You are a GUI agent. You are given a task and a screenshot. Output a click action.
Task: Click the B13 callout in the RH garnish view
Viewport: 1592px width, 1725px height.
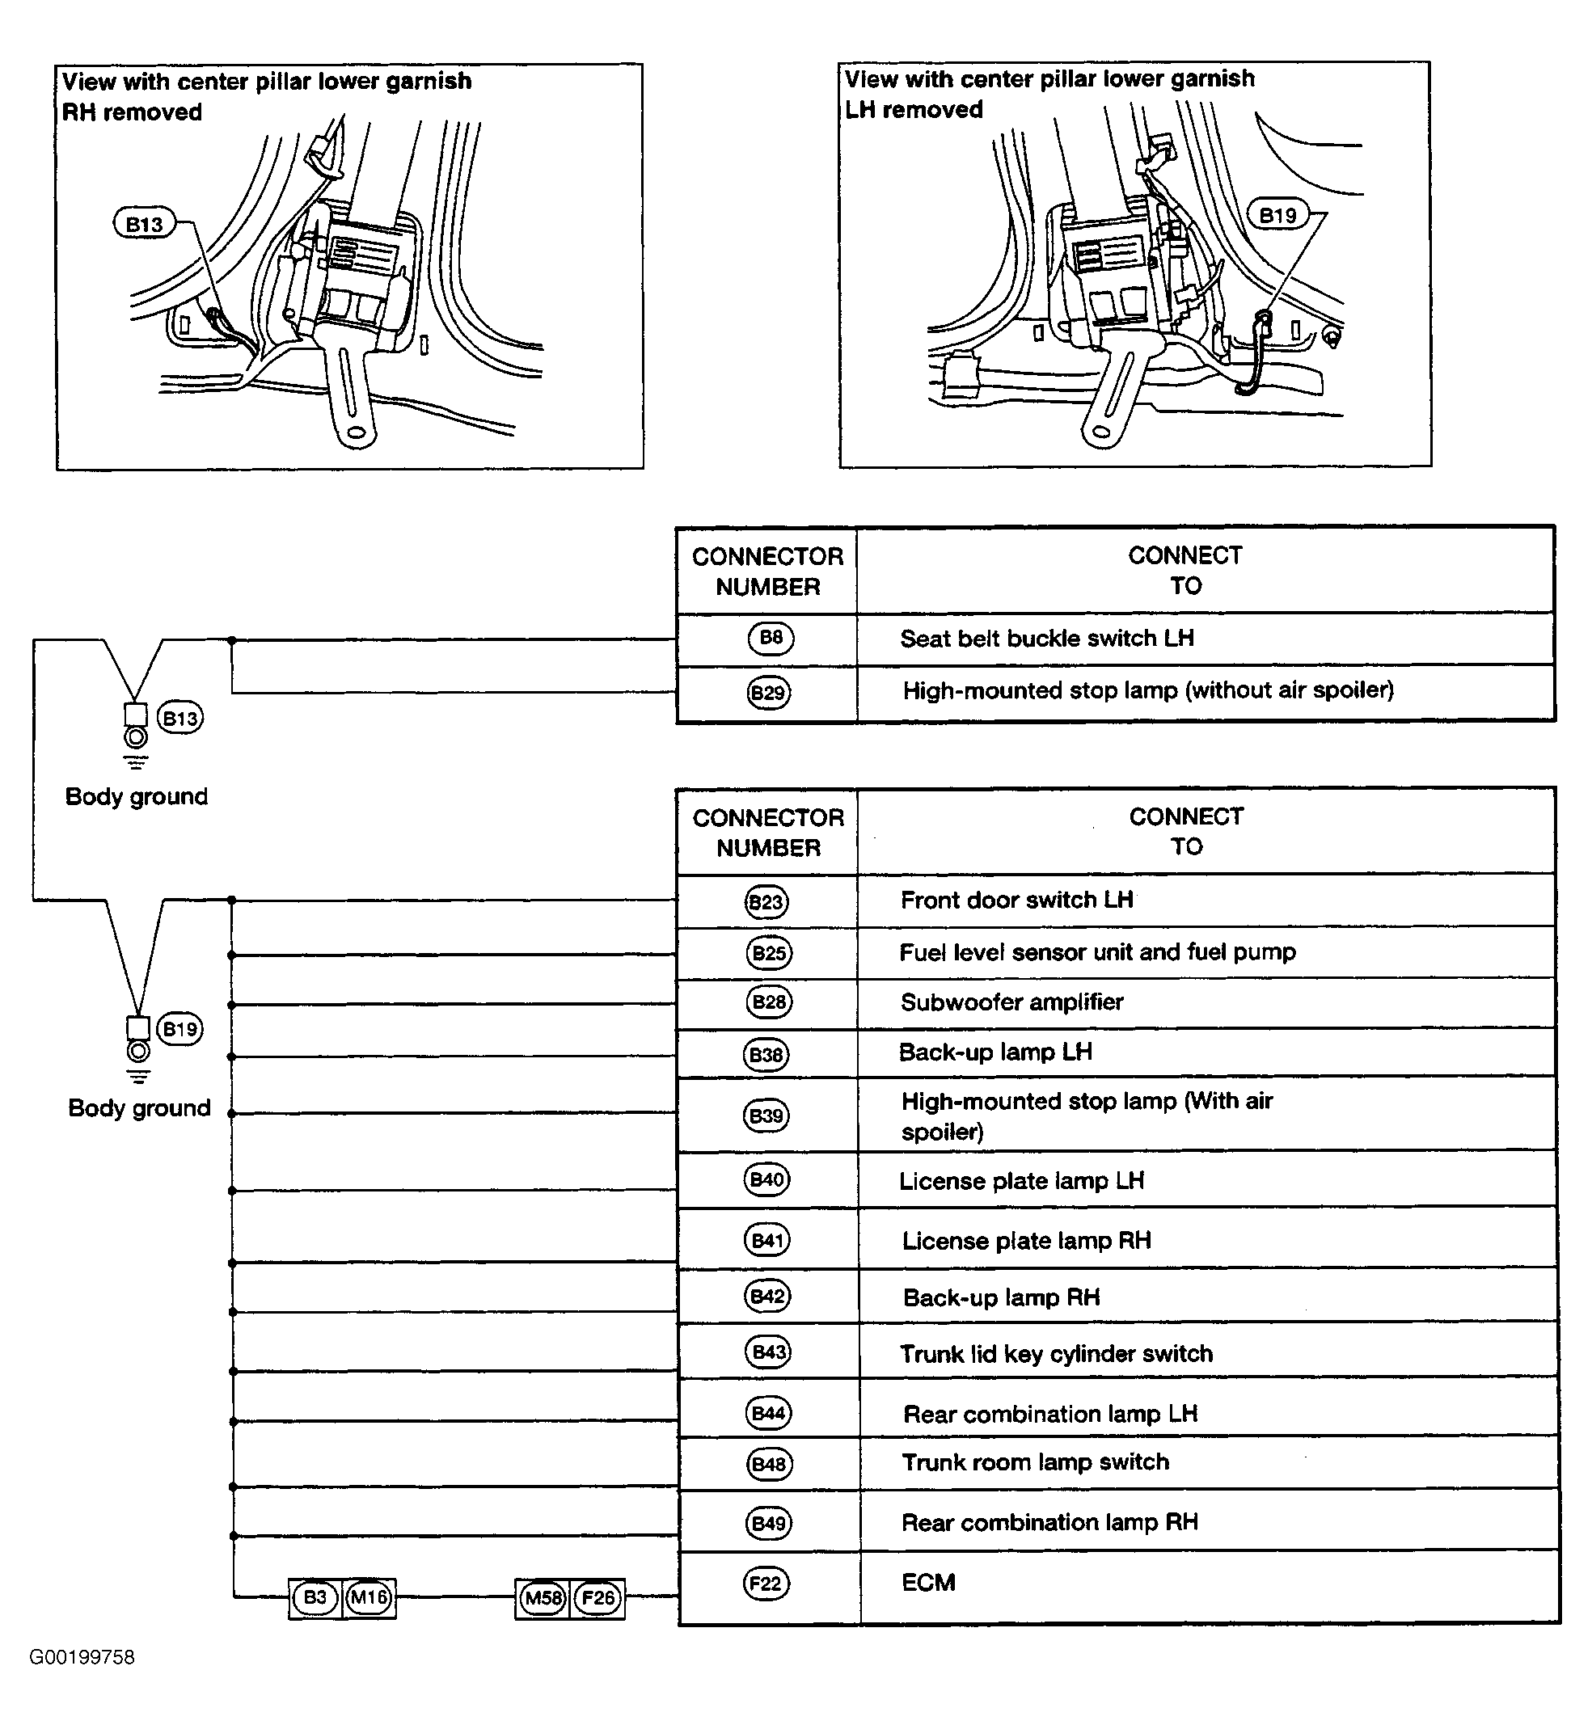(x=144, y=225)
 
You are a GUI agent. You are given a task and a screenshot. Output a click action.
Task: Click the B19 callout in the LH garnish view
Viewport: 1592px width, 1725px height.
(x=1277, y=215)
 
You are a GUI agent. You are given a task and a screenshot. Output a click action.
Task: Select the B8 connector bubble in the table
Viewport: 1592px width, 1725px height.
(x=771, y=638)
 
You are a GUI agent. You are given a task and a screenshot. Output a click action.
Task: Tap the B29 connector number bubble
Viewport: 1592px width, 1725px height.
(x=767, y=693)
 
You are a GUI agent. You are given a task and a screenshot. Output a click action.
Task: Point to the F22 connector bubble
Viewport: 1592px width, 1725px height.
(x=766, y=1583)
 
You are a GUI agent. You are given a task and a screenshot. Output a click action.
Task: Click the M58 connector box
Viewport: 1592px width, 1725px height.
(x=543, y=1598)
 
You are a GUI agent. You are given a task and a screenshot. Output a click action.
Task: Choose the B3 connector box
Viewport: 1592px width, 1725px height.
(x=315, y=1598)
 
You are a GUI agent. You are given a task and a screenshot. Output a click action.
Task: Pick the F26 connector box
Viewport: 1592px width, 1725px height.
(x=598, y=1598)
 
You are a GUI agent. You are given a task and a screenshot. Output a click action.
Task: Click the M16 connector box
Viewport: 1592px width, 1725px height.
(x=369, y=1598)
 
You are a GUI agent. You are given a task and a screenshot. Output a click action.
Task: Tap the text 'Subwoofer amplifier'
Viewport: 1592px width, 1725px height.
(x=1011, y=1002)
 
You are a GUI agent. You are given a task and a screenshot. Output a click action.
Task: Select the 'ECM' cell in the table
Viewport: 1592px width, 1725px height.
(x=928, y=1583)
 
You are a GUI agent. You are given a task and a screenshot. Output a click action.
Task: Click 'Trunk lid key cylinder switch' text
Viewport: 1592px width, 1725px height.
(x=1056, y=1354)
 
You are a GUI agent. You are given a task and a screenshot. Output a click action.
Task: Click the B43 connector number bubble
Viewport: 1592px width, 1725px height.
(x=767, y=1352)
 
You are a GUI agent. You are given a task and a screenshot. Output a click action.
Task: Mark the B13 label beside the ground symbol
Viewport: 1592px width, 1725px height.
(x=180, y=719)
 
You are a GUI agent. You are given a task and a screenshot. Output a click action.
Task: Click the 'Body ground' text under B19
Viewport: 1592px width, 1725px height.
(x=140, y=1107)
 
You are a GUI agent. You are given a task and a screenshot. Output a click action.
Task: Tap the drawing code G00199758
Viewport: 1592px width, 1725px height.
(x=82, y=1658)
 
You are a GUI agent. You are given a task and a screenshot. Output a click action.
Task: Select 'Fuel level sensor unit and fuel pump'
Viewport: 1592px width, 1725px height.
(x=1096, y=952)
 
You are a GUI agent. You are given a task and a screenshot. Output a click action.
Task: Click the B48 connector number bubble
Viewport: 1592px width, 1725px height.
(x=767, y=1464)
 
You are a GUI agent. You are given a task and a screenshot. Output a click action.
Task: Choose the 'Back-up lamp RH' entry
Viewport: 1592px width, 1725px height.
(x=1001, y=1298)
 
